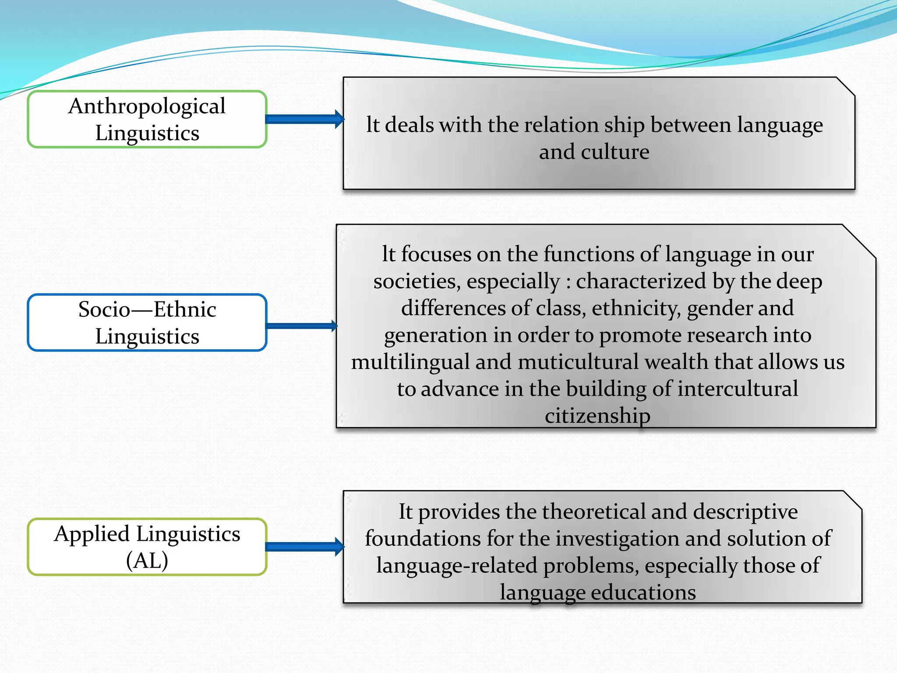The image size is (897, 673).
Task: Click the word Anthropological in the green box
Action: (147, 106)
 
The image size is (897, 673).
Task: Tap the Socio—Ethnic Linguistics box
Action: (147, 322)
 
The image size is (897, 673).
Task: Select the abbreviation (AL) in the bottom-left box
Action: (147, 560)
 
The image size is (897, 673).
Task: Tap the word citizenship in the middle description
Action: (597, 415)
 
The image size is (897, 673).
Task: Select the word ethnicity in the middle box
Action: (636, 308)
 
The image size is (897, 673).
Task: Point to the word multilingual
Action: (410, 362)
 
